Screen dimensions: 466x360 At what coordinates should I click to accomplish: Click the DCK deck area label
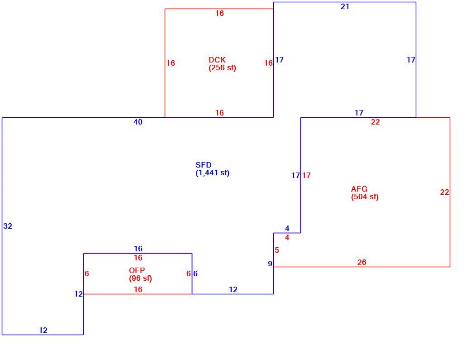point(217,60)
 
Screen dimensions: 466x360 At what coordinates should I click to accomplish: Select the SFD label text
point(204,165)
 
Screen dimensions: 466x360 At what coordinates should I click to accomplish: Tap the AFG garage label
point(359,189)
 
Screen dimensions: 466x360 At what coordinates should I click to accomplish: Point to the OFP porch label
point(137,270)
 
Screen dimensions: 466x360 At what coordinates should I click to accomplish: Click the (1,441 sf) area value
point(213,173)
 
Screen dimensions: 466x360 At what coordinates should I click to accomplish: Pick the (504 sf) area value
point(365,197)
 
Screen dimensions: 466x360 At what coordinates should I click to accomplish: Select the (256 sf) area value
point(222,68)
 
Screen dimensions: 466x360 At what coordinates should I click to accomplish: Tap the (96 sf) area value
point(140,278)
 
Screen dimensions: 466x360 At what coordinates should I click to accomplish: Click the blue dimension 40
point(138,122)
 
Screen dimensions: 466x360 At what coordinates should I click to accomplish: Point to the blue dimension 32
point(8,226)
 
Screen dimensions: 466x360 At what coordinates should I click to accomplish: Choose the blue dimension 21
point(345,6)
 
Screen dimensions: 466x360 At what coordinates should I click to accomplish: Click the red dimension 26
point(361,262)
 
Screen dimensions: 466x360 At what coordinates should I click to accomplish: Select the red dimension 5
point(277,250)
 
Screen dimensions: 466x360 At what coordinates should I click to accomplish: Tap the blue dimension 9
point(270,264)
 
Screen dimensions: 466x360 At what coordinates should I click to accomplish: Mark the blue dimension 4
point(287,229)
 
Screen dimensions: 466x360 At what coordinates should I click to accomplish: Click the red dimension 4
point(287,237)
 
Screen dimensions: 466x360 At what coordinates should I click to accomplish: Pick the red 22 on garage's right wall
point(445,192)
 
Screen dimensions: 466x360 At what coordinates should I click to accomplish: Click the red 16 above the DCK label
point(219,14)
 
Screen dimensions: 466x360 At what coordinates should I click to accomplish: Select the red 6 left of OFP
point(86,274)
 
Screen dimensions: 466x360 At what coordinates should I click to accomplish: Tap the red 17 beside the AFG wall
point(306,176)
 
